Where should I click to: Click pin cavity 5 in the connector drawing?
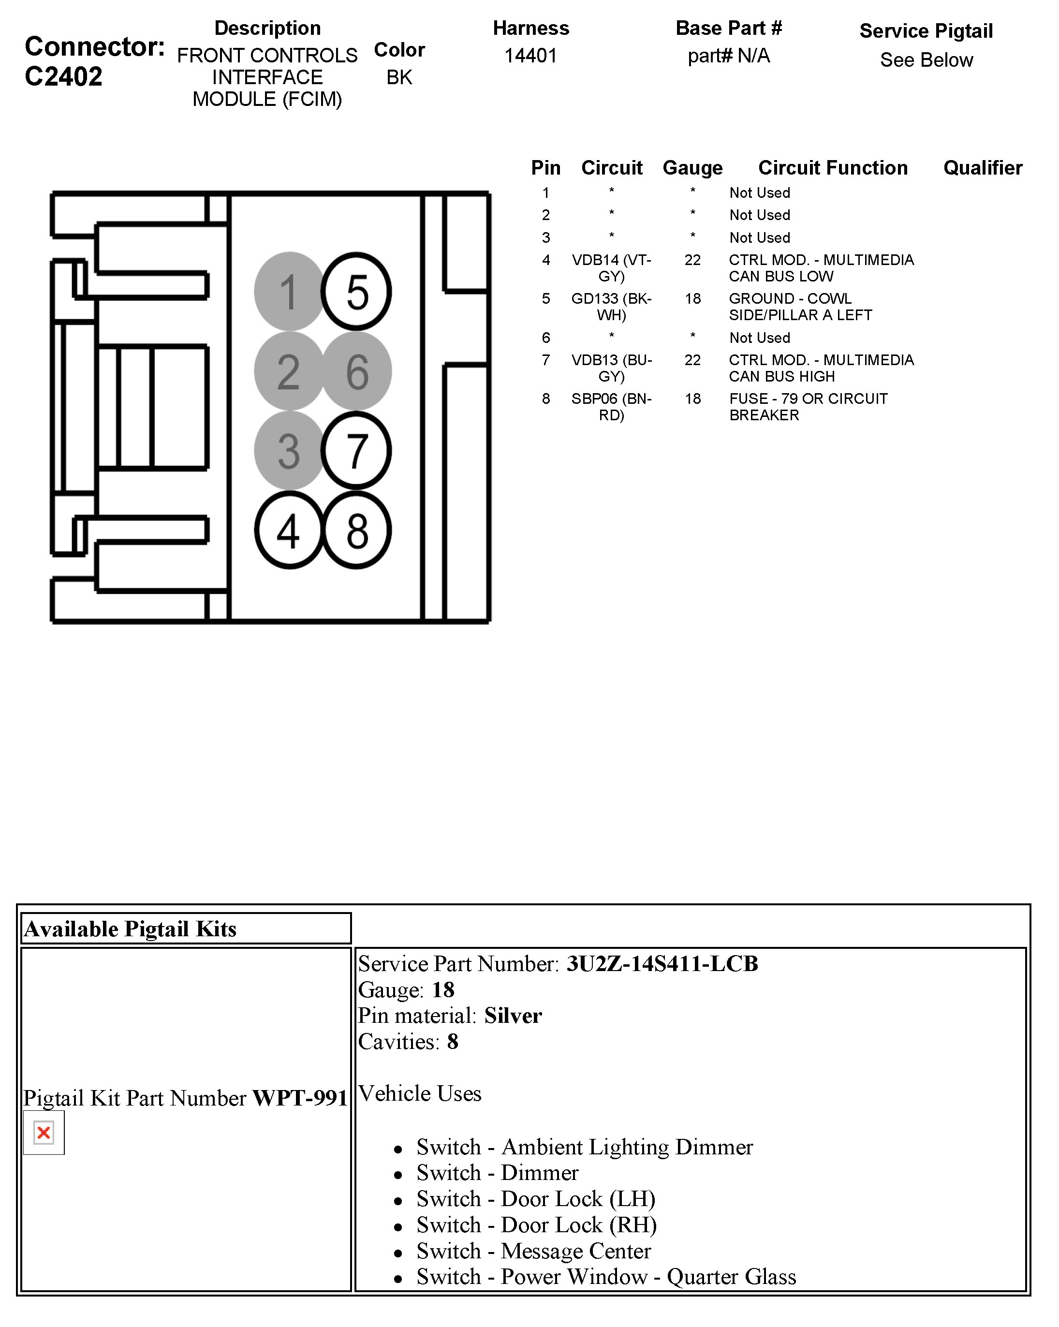(x=356, y=291)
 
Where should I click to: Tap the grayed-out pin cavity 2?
(x=289, y=371)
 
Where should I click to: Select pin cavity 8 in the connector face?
(x=356, y=531)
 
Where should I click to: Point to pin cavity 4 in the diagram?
(x=289, y=531)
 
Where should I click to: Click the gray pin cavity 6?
(x=356, y=371)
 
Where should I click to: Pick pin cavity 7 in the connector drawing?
(x=356, y=451)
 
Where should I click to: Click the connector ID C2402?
(x=63, y=77)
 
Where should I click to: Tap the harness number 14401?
(x=530, y=56)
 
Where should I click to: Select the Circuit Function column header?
(x=833, y=167)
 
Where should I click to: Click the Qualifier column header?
(x=983, y=167)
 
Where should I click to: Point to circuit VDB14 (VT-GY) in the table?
(x=611, y=268)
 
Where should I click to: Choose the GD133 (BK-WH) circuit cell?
(x=611, y=307)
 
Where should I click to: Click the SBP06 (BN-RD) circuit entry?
(x=611, y=407)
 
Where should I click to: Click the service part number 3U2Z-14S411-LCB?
(x=662, y=964)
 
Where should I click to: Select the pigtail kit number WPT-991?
(x=300, y=1098)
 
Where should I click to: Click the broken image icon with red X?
(x=44, y=1133)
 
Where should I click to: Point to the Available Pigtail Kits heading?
(x=130, y=929)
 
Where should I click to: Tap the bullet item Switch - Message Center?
(x=533, y=1251)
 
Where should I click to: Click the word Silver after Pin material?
(x=513, y=1016)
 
